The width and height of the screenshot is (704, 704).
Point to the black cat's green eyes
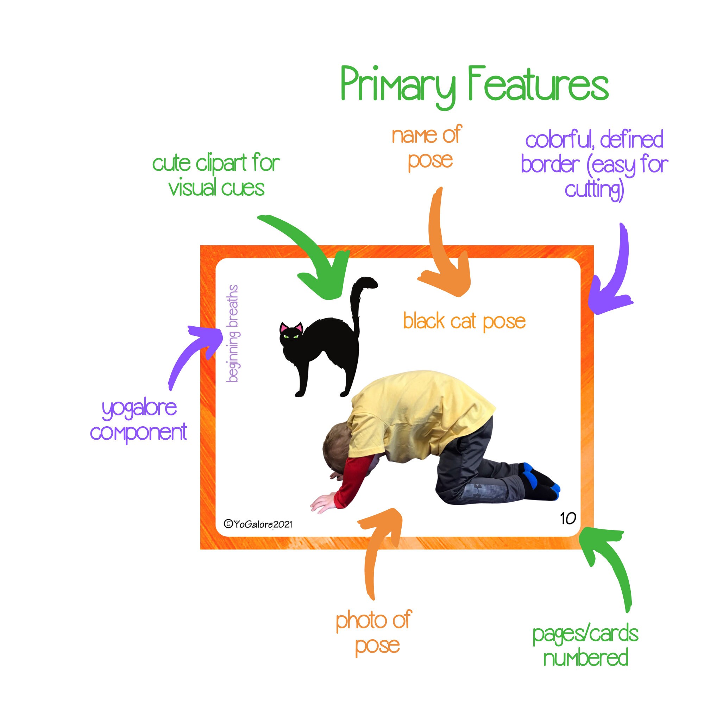[x=291, y=336]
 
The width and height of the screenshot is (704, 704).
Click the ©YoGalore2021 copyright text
[x=258, y=524]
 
